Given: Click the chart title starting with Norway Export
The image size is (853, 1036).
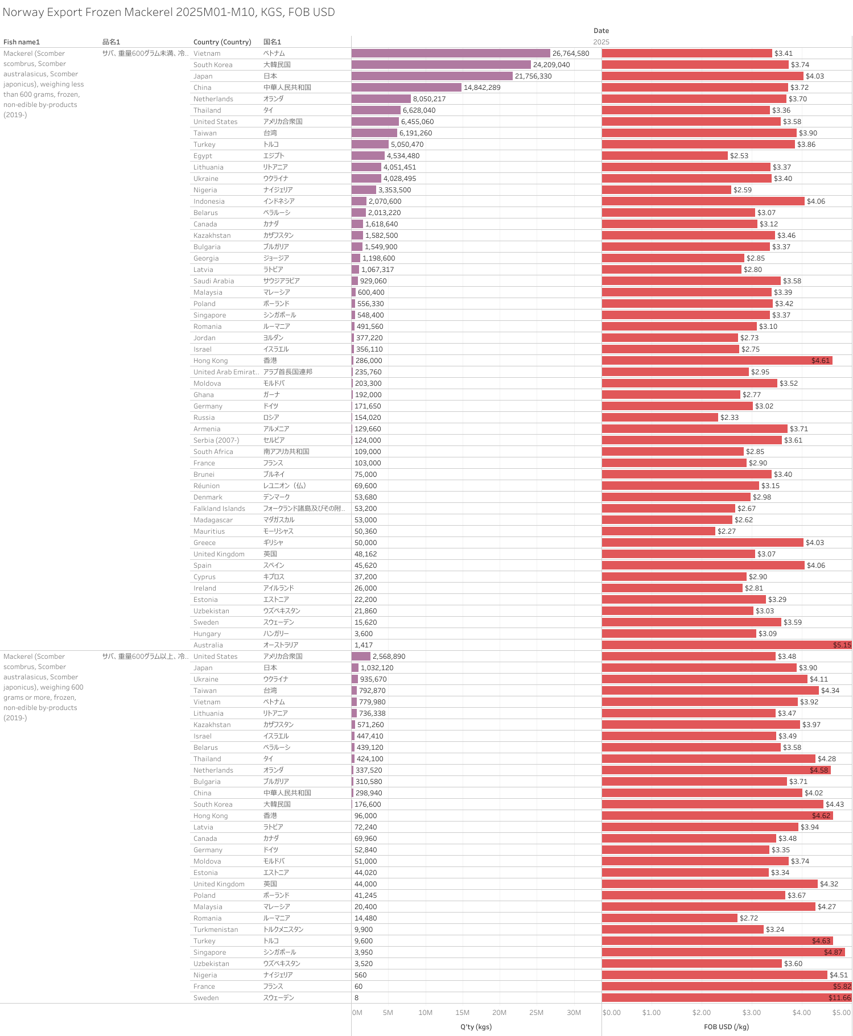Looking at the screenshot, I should coord(168,12).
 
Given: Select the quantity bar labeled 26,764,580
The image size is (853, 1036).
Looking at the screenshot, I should coord(451,53).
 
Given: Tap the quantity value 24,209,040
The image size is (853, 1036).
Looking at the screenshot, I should coord(551,65).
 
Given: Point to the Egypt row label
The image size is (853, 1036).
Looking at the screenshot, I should coord(203,156).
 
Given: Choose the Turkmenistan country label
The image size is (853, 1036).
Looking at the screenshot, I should coord(216,930).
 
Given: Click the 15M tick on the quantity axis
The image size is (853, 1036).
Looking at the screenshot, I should coord(462,1013).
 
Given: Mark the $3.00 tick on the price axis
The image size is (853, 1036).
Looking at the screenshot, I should coord(751,1013).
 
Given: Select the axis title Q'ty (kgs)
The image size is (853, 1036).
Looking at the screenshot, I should coord(476,1027).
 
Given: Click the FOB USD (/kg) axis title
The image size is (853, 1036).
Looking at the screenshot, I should coord(726,1027).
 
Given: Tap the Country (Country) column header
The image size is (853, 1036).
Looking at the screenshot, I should coord(222,42).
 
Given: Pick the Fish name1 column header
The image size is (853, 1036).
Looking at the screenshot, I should coord(22,42).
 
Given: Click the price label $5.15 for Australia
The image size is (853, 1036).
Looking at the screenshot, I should coord(842,645).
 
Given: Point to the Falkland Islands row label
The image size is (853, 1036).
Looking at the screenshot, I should coord(219,509).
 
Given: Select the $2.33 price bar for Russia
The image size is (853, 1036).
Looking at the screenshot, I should coord(660,418).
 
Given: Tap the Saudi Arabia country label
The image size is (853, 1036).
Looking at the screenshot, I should coord(213,281).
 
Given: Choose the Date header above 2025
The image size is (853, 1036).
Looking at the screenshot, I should coord(601,31).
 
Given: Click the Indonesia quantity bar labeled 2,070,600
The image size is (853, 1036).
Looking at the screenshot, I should coord(359,201).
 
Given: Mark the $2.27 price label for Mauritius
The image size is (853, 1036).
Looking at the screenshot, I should coord(727,531).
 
